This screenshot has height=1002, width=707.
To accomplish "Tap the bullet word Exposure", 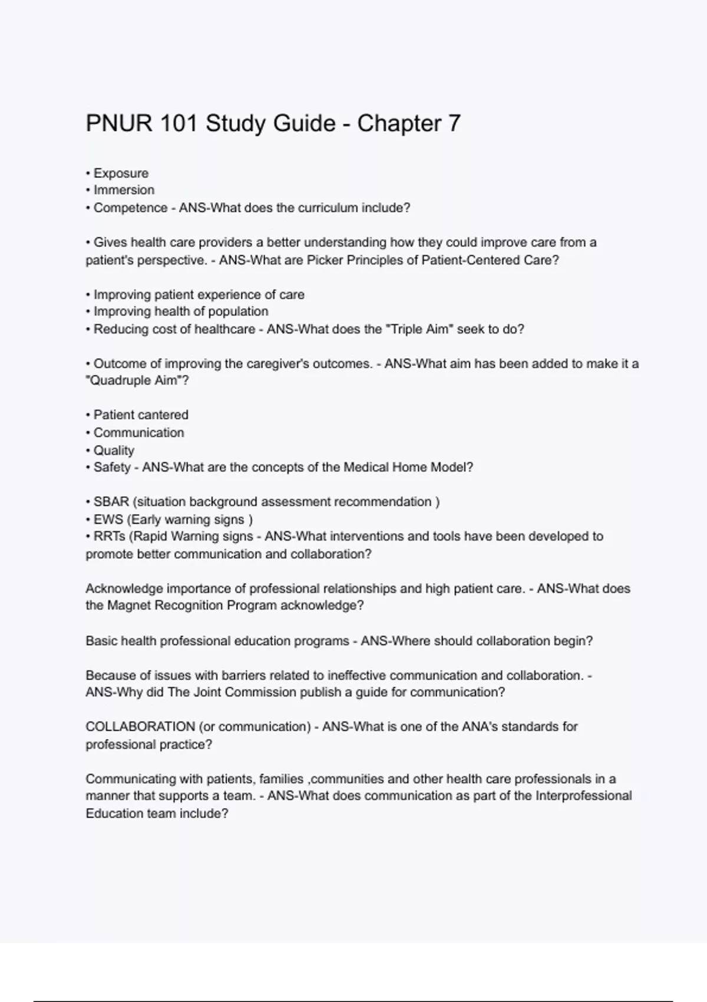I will pyautogui.click(x=121, y=173).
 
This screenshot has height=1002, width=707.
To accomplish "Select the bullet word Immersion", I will pyautogui.click(x=124, y=190).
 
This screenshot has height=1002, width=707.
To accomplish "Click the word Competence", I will pyautogui.click(x=130, y=208).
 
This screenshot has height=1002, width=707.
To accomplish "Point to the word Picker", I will pyautogui.click(x=325, y=260).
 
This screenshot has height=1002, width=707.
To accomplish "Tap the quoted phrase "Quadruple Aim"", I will pyautogui.click(x=134, y=381).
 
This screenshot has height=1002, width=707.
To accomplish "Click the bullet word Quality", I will pyautogui.click(x=114, y=450).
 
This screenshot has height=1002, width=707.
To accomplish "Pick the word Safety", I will pyautogui.click(x=112, y=467).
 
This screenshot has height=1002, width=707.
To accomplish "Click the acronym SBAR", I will pyautogui.click(x=111, y=502).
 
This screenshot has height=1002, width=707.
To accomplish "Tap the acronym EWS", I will pyautogui.click(x=108, y=520).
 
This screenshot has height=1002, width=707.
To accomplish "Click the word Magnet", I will pyautogui.click(x=129, y=605).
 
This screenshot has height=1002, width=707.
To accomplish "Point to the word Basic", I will pyautogui.click(x=101, y=641).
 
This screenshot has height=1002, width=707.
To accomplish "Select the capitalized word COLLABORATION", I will pyautogui.click(x=140, y=727).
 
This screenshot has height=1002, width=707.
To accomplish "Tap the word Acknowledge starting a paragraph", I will pyautogui.click(x=124, y=588).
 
